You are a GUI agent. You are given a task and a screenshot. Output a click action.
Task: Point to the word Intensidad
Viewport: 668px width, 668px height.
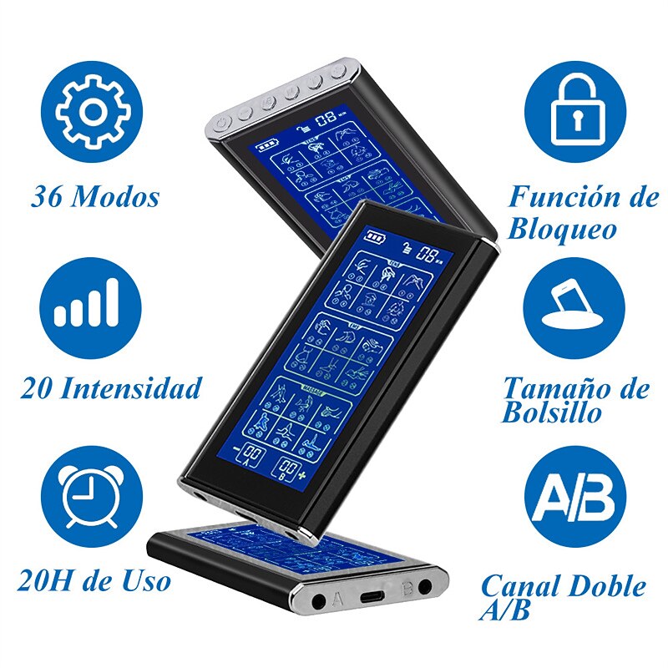(141, 388)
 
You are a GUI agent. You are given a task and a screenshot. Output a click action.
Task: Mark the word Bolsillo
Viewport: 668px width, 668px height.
(551, 413)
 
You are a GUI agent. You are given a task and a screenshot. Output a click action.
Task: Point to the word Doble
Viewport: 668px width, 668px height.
(607, 586)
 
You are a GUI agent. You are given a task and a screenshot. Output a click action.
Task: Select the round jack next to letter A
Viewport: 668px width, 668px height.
(319, 600)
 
